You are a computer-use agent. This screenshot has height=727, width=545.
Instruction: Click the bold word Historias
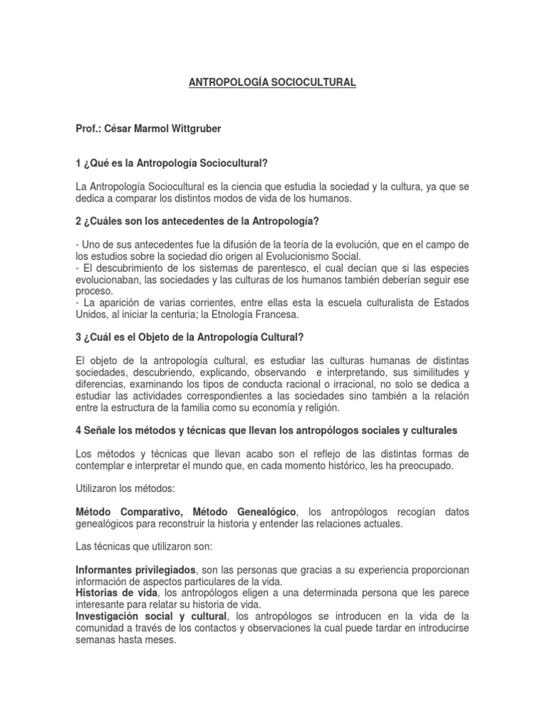(99, 594)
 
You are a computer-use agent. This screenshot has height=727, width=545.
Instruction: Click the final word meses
(160, 640)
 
